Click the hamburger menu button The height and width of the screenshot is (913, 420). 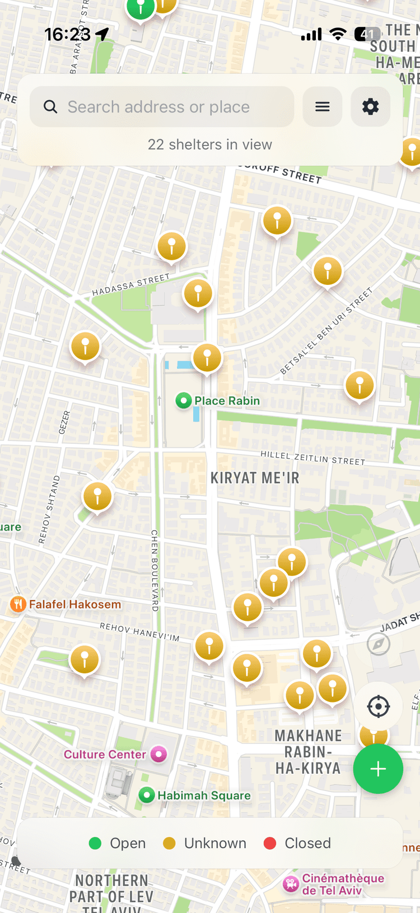tap(323, 107)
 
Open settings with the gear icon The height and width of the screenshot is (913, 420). tap(370, 107)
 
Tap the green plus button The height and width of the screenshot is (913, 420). tap(378, 769)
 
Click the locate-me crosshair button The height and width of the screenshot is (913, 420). tap(378, 706)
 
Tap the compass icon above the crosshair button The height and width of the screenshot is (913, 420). tap(378, 644)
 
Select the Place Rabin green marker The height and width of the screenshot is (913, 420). tap(183, 401)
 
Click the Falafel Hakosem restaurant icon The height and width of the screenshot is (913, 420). tap(18, 604)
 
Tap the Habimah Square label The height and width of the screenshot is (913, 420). tap(204, 795)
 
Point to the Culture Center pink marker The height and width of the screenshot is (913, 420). tap(159, 755)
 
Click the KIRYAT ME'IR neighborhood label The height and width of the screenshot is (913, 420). tap(255, 478)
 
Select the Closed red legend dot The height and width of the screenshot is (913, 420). tap(270, 843)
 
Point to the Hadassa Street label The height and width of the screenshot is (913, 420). tap(130, 284)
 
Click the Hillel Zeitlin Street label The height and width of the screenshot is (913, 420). tap(312, 458)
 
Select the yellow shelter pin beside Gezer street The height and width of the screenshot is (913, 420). tap(85, 347)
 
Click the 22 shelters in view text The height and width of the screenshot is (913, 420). tap(210, 144)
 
